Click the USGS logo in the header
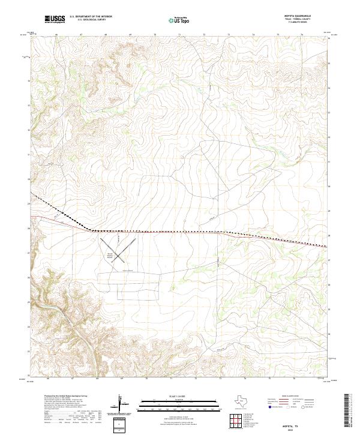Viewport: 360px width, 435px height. (55, 19)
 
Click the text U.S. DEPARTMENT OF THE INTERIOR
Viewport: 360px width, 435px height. (91, 16)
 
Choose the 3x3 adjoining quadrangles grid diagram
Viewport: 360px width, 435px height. (236, 421)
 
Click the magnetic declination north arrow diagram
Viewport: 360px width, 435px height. (124, 405)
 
